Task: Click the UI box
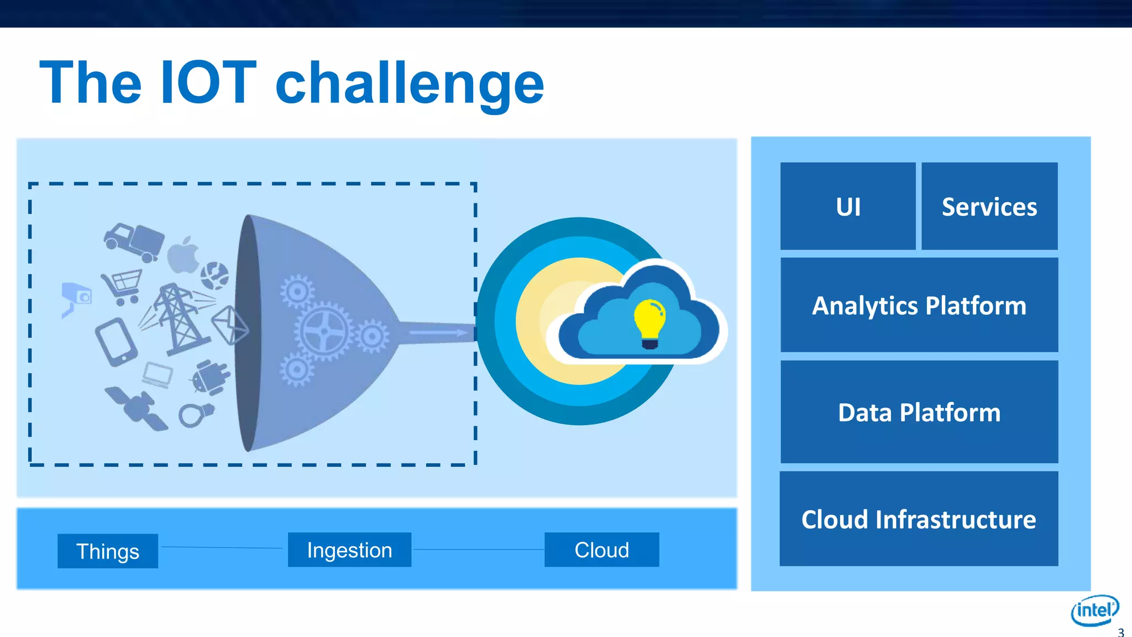point(848,206)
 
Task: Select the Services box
point(989,206)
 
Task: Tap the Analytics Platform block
point(919,305)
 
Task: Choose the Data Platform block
point(919,412)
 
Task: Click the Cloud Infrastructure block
point(919,519)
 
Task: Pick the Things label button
point(108,551)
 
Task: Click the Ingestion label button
point(349,550)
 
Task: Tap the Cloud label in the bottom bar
point(601,550)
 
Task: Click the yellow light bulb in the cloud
point(649,323)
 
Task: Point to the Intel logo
point(1094,610)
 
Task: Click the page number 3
point(1120,632)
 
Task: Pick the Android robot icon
point(209,377)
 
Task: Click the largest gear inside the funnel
point(324,331)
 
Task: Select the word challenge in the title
point(410,83)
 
